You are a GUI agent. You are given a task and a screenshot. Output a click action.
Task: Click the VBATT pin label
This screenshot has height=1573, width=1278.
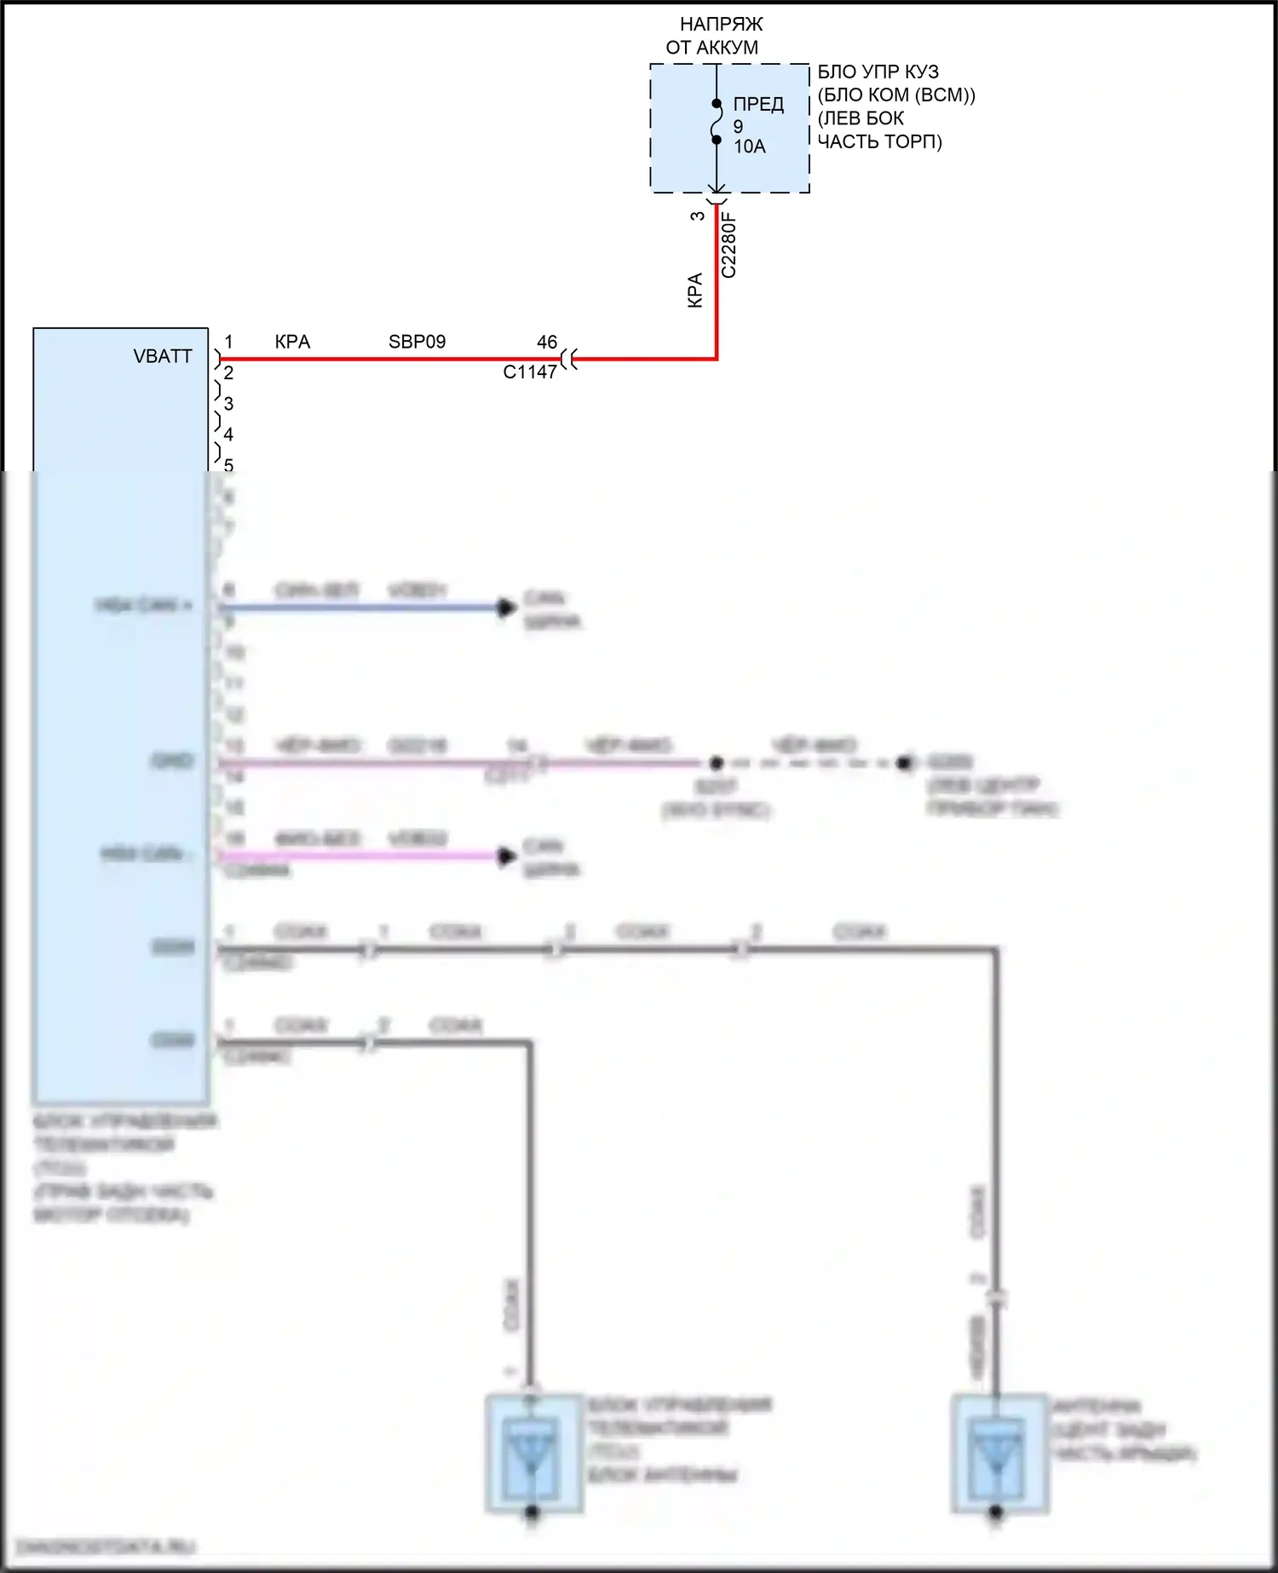[x=163, y=356]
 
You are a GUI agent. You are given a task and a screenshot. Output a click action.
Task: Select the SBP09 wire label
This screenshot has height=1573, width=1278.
[x=417, y=342]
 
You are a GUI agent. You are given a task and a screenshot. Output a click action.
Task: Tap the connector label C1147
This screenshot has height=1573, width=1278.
[x=530, y=372]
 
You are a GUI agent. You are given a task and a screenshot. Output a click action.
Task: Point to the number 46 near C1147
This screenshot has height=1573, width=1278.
[x=547, y=342]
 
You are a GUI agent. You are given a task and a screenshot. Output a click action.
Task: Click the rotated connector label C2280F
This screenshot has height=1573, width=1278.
[x=729, y=245]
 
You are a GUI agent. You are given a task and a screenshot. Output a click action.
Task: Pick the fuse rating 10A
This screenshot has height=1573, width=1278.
[x=750, y=147]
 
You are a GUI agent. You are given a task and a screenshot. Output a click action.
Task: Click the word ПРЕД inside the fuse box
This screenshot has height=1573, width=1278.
[x=758, y=105]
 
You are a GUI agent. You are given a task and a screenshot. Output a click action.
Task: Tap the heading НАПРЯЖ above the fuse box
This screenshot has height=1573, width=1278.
[x=721, y=24]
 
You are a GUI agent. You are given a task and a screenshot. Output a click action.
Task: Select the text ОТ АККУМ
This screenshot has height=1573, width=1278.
[x=712, y=48]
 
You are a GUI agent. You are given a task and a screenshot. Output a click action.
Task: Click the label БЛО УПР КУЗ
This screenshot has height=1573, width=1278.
[x=878, y=72]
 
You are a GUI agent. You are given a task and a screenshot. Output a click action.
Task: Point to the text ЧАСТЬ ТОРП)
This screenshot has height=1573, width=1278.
[x=879, y=141]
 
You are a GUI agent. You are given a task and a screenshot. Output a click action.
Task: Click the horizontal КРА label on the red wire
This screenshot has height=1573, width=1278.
[x=292, y=342]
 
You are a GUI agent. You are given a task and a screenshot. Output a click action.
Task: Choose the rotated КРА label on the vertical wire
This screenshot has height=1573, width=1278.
[x=695, y=290]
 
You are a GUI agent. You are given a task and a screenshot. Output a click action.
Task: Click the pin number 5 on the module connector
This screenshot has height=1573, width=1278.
[x=228, y=465]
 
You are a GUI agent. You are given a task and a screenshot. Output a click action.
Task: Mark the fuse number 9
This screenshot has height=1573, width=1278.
[x=738, y=126]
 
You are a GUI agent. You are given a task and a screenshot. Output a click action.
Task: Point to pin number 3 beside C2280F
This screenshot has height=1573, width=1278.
[x=698, y=216]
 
